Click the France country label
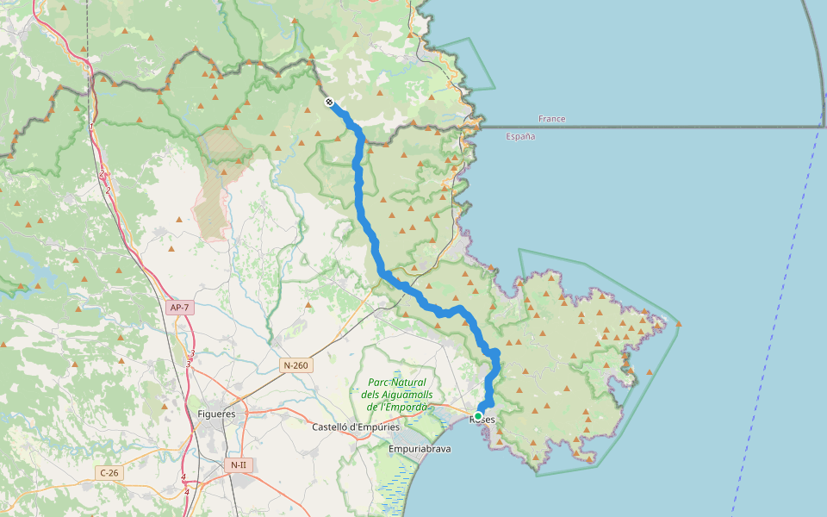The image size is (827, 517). point(551,119)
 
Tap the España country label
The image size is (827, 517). point(520,137)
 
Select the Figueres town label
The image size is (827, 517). point(216,414)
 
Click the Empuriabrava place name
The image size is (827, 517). point(420,449)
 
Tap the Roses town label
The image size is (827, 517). point(483,420)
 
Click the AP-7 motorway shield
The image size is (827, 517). point(179,308)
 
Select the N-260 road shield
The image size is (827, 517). point(295,365)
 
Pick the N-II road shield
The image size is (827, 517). point(238,465)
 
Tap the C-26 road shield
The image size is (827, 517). point(109,472)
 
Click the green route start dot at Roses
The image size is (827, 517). point(478,416)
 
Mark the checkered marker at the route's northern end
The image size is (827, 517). point(329,103)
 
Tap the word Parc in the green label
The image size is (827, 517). point(380,383)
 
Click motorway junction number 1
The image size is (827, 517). point(91,127)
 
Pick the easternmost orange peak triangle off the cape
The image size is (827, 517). point(679,324)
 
